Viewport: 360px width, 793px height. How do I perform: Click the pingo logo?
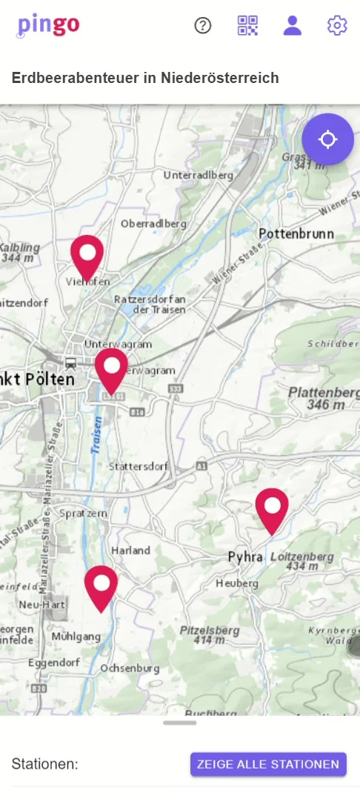pos(49,25)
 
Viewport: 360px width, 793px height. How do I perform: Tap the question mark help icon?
pos(203,26)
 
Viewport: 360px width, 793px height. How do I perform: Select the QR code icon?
pos(247,26)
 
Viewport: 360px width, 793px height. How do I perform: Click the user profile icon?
pos(293,26)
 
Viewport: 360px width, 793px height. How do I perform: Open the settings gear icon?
pos(337,26)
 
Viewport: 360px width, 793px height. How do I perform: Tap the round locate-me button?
pos(327,139)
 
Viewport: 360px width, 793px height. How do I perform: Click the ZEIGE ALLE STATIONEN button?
pos(268,764)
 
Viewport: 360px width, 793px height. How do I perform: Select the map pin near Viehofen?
pos(87,255)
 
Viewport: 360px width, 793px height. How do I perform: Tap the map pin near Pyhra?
pos(272,508)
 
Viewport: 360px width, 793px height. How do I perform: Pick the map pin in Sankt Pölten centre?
pos(111,368)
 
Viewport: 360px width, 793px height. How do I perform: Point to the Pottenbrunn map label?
pos(296,233)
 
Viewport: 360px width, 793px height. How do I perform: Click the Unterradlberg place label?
pos(198,176)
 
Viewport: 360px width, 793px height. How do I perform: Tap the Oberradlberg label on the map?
pos(152,223)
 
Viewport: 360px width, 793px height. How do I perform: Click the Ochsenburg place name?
pos(130,668)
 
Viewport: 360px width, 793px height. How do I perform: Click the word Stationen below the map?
pos(45,764)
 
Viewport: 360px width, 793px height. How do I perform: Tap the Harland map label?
pos(130,551)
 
